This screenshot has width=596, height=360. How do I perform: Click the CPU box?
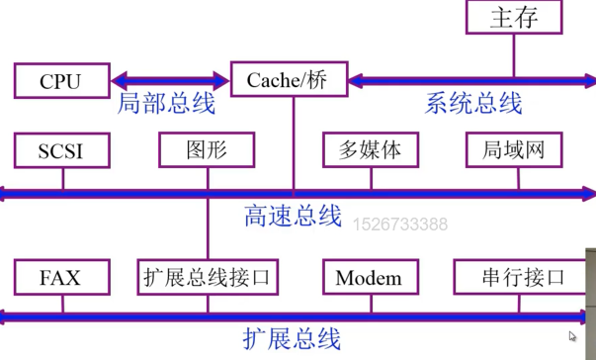60,80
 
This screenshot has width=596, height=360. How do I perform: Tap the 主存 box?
514,18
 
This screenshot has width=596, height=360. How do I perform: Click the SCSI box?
60,150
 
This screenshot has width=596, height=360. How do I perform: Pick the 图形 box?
207,150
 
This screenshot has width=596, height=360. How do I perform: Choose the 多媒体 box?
370,150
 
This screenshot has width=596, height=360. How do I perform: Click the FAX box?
60,277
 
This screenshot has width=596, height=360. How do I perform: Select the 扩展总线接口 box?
207,277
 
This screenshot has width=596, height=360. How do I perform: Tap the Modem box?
369,277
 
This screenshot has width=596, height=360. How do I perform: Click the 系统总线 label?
473,103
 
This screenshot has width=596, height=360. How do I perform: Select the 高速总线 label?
292,217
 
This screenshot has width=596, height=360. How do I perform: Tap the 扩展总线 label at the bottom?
292,339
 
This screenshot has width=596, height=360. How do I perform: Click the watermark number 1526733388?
400,225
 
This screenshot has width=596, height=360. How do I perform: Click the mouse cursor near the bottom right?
574,337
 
